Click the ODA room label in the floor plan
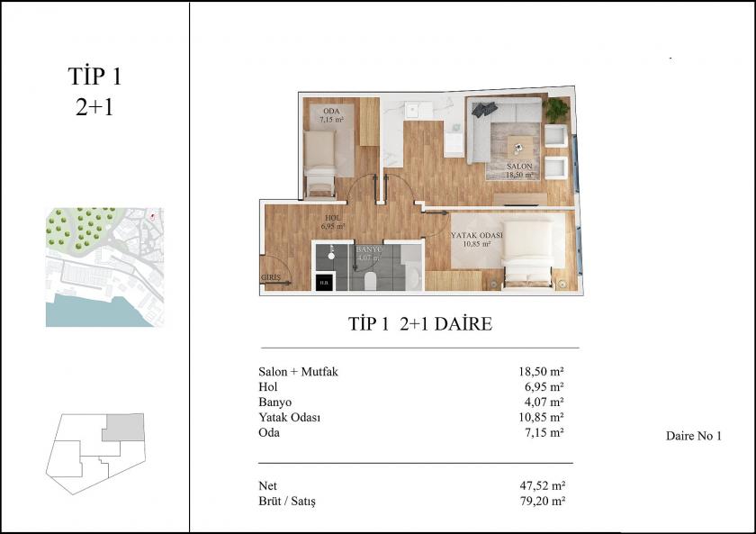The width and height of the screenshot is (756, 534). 324,112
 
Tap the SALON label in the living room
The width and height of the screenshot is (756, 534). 519,167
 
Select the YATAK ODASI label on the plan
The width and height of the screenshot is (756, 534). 476,236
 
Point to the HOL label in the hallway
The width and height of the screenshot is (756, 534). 332,218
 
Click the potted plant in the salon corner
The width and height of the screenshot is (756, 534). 557,110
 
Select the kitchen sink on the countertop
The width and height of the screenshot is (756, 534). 413,111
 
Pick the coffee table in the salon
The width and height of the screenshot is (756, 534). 519,144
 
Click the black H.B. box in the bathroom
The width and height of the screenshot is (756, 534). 323,283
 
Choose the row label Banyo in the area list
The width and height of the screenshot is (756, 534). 274,402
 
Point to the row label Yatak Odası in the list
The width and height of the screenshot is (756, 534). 289,417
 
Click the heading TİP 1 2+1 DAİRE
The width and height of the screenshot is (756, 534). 419,323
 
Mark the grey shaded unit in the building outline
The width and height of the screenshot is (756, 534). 122,427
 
